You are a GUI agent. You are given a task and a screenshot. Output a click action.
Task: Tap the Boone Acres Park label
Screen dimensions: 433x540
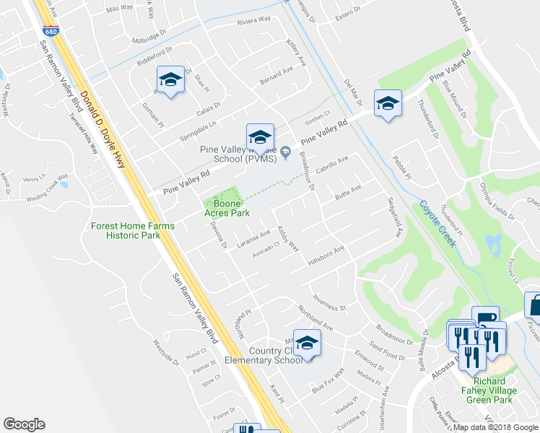point(231,209)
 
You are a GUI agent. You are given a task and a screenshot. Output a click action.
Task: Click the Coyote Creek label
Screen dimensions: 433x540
point(438,223)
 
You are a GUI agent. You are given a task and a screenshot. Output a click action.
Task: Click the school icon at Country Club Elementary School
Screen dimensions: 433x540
point(307,344)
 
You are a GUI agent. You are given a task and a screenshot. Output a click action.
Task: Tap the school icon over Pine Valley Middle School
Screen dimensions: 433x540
point(260,137)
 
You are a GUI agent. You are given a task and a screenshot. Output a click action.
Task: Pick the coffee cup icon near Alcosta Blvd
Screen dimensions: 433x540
point(485,318)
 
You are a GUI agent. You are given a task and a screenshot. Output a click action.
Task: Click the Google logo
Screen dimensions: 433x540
point(24,424)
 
